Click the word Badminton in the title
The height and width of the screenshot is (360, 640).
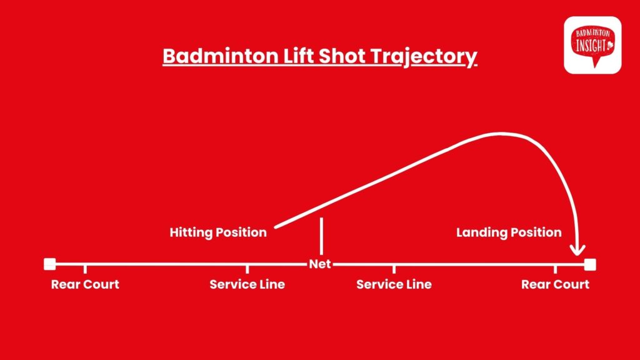(221, 56)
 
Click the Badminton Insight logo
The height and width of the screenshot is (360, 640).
(592, 45)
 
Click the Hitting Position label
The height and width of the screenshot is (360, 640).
(218, 232)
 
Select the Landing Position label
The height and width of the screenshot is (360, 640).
(509, 232)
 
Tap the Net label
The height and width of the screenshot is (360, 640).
(319, 264)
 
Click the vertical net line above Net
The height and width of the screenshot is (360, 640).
(322, 236)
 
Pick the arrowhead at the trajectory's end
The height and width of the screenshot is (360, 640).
(577, 250)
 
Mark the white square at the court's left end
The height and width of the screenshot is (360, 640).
(50, 264)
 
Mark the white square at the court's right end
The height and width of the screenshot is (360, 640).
(590, 264)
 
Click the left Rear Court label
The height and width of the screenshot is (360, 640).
(85, 284)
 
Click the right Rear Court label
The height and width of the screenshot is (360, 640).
(555, 284)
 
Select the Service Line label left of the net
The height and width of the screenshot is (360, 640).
(247, 284)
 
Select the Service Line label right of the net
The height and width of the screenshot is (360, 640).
(394, 284)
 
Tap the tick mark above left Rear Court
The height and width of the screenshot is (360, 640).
(85, 269)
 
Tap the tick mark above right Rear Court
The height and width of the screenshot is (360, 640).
(555, 269)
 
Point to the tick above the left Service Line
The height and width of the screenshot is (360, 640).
(247, 269)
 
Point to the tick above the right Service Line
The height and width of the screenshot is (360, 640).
(394, 269)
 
